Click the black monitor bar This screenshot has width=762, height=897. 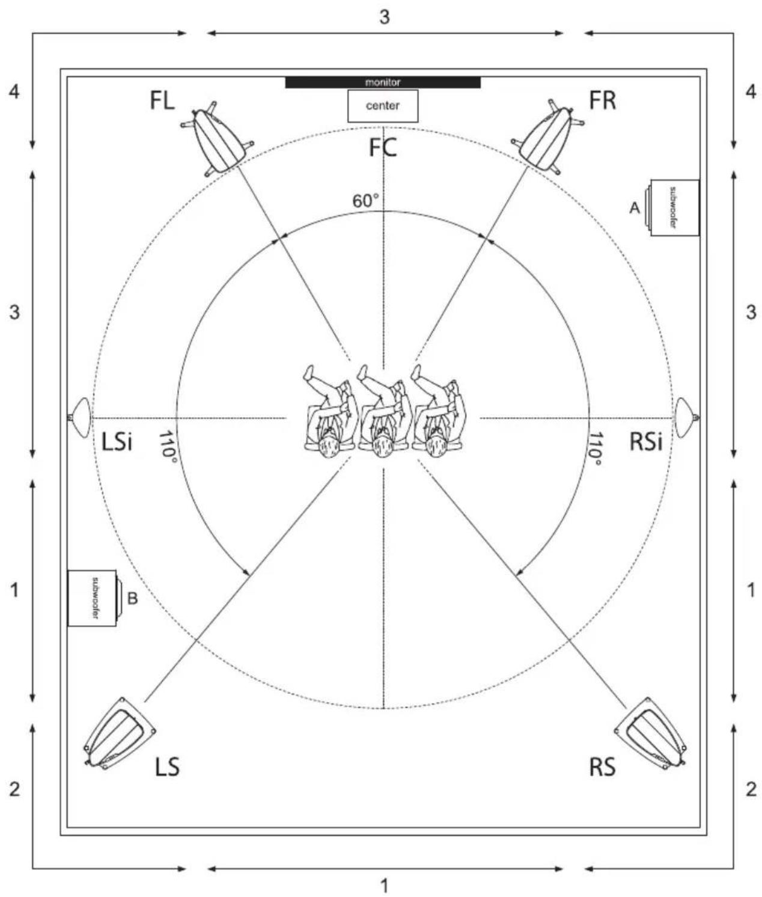[383, 82]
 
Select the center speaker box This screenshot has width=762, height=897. [383, 106]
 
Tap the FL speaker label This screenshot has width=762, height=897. [162, 101]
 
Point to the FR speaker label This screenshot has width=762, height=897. [602, 101]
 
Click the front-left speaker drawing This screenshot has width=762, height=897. [217, 139]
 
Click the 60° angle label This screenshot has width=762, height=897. [365, 201]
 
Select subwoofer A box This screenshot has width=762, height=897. [674, 207]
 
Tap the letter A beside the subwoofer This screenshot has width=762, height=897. [635, 208]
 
